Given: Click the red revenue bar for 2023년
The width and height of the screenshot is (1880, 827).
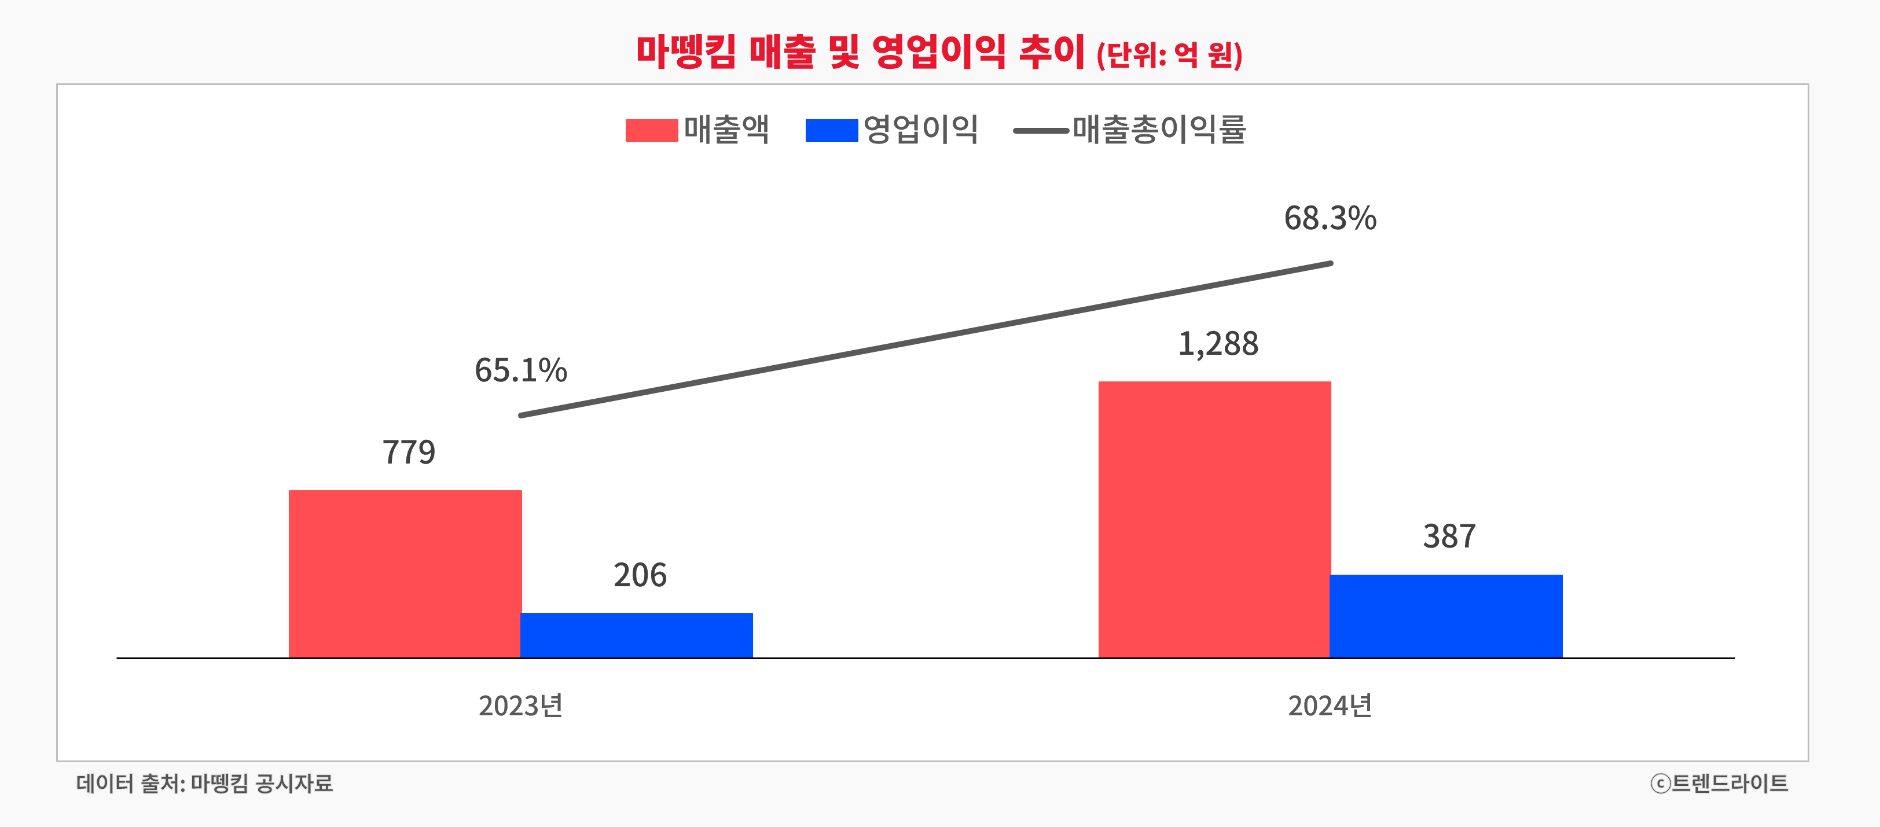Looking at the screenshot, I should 405,574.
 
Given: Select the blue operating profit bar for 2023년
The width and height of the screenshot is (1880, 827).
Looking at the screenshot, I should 636,635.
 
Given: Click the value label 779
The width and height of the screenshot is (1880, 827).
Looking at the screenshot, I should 409,453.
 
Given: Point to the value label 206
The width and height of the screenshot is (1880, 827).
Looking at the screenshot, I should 640,575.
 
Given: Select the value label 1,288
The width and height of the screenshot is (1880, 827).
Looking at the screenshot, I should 1218,344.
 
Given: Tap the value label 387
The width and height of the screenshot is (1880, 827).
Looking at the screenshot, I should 1449,536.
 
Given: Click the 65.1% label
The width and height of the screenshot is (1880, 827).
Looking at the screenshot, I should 520,370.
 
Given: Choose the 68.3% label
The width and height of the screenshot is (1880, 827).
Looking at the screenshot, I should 1330,218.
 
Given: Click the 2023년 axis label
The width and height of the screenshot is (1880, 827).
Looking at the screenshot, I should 520,705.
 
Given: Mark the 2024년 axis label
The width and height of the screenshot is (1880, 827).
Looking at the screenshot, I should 1330,705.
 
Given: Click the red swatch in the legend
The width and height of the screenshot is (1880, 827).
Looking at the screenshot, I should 651,131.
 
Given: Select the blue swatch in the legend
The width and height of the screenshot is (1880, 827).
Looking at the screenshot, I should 831,131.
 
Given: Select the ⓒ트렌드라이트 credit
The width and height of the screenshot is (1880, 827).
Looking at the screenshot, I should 1719,783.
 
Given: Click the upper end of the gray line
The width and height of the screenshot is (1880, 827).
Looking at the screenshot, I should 1330,263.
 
